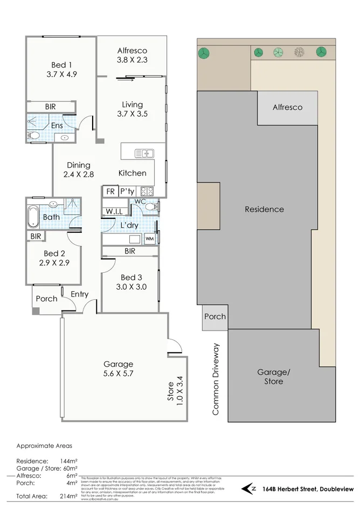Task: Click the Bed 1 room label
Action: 62,65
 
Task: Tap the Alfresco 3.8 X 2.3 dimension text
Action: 132,61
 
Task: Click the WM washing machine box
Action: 149,238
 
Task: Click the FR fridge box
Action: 110,191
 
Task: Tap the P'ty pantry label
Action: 127,191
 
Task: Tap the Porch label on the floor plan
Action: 46,299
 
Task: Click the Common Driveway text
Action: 216,379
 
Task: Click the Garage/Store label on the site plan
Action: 270,376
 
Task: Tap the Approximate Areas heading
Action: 44,446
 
